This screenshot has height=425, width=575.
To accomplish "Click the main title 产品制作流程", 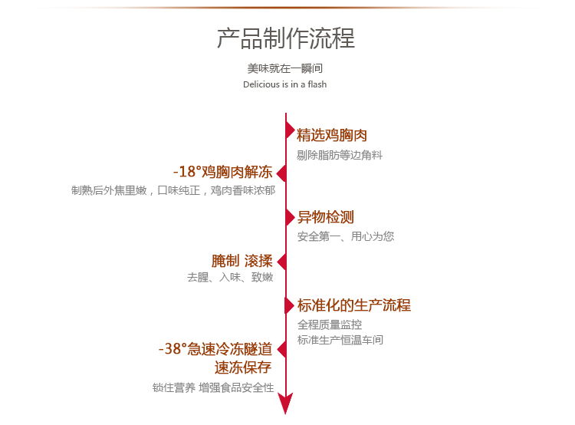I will [286, 38].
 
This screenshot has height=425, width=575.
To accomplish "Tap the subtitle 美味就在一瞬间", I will [285, 68].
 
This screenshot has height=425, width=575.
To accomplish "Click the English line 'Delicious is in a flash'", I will [284, 84].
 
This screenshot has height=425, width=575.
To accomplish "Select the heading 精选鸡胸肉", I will [332, 136].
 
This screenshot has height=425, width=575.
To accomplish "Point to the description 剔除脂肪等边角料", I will [340, 155].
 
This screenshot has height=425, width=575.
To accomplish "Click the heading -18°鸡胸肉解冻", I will [222, 171].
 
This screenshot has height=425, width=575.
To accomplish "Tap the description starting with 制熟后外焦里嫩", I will [173, 190].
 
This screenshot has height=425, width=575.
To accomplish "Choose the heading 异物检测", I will [326, 217].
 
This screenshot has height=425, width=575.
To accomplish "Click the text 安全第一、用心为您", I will [346, 236].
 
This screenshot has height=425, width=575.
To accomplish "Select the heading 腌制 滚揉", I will [242, 261].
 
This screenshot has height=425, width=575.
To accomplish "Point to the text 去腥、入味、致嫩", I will [230, 278].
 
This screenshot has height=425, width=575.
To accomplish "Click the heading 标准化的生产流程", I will [354, 305].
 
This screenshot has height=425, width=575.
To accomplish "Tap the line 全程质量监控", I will [330, 325].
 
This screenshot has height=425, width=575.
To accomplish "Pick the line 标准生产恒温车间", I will [340, 340].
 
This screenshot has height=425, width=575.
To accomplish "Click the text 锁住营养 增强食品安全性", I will [213, 387].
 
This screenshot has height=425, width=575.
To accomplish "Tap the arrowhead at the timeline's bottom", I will [286, 403].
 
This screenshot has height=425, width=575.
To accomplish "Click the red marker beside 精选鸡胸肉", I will [290, 130].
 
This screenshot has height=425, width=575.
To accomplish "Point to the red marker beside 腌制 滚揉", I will [281, 262].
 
